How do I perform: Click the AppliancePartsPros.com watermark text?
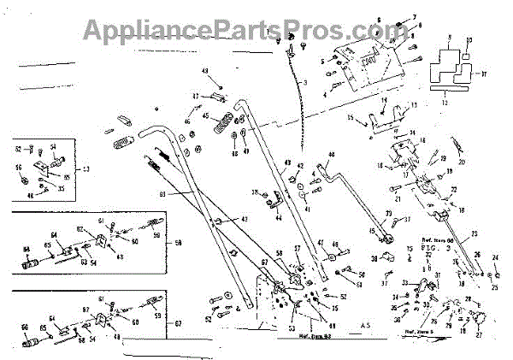(x=256, y=31)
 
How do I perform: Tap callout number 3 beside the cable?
(x=306, y=80)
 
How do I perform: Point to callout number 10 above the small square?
(x=468, y=40)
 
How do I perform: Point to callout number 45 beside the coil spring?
(x=206, y=116)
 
